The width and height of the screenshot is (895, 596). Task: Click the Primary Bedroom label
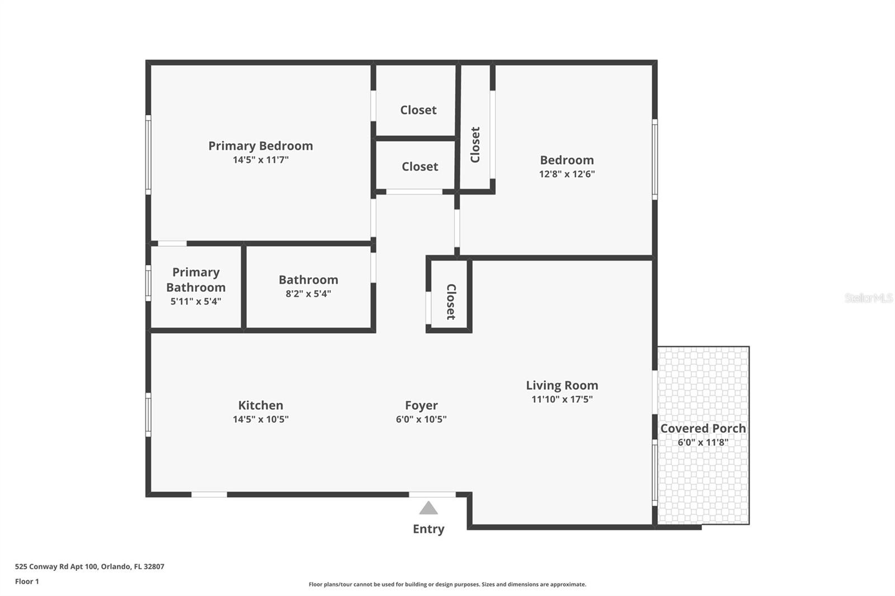coord(260,146)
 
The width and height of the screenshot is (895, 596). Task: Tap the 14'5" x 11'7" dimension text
coord(260,160)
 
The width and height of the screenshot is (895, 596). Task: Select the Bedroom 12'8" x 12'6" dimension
coord(567,174)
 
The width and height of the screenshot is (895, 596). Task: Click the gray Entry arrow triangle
coord(428,508)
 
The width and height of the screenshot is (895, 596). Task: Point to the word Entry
coord(428,529)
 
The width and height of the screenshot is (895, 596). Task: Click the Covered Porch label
coord(703,428)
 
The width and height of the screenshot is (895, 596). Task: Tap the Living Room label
coord(562,385)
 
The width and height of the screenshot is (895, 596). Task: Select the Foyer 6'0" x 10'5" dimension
coord(421,419)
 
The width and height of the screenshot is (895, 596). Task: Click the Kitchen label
coord(260,405)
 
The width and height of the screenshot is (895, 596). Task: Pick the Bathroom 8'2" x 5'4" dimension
coord(308,294)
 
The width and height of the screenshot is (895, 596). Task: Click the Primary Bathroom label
coord(196,280)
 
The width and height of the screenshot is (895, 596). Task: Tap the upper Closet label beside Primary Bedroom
coord(418,110)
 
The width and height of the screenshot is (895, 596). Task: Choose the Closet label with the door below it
coord(420,167)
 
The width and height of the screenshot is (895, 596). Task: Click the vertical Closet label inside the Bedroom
coord(475,144)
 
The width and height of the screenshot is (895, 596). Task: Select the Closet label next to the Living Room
coord(451,302)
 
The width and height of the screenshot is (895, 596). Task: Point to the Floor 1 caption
coord(27,581)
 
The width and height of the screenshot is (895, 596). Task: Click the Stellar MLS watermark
coord(868,298)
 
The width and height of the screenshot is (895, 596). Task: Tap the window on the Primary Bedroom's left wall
coord(148,155)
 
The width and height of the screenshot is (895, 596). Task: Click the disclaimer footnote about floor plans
coord(447,584)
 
